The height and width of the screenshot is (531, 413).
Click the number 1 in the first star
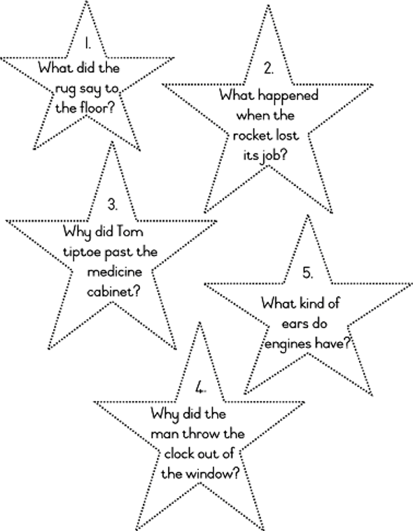[87, 43]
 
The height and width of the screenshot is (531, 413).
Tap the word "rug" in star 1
[66, 90]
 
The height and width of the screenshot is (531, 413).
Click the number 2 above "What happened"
[268, 69]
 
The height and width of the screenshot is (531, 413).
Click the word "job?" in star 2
[274, 156]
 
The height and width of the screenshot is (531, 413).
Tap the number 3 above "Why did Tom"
[113, 204]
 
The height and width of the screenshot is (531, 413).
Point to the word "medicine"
[115, 272]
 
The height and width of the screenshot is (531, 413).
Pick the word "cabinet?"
[113, 291]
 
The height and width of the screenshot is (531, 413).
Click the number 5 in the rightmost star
[307, 273]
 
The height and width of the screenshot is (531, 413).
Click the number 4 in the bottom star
[201, 388]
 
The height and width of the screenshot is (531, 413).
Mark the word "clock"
[179, 453]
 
